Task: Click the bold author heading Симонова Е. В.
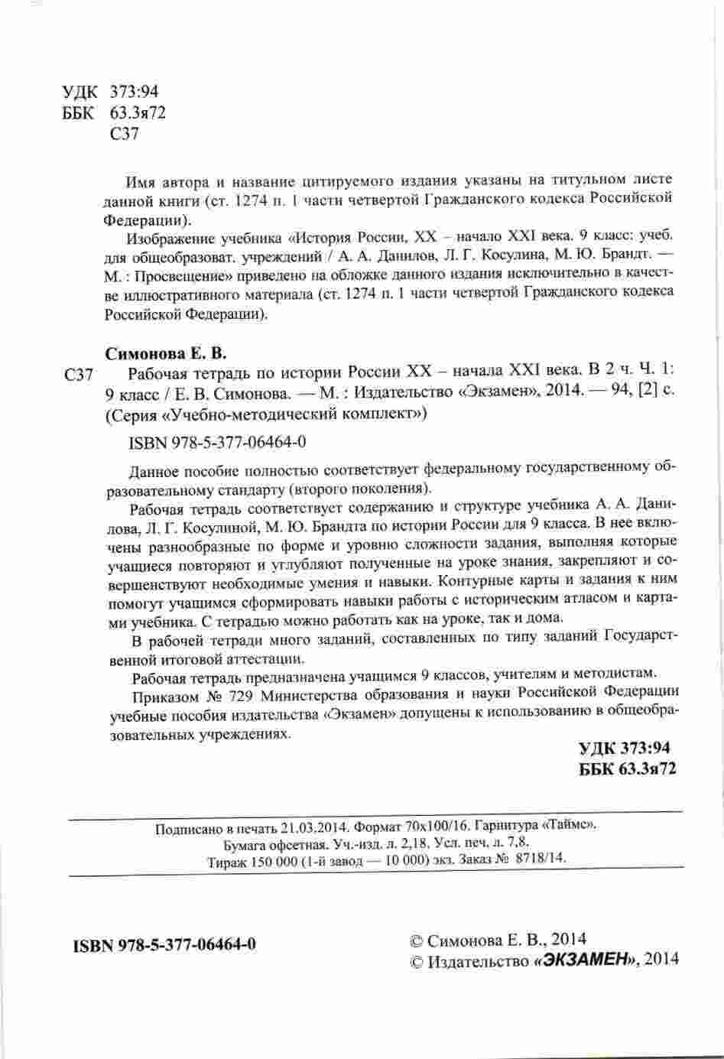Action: click(166, 354)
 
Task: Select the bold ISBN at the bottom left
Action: click(164, 945)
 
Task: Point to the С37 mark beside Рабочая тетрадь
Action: click(80, 375)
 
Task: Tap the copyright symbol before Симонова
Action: click(417, 940)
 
